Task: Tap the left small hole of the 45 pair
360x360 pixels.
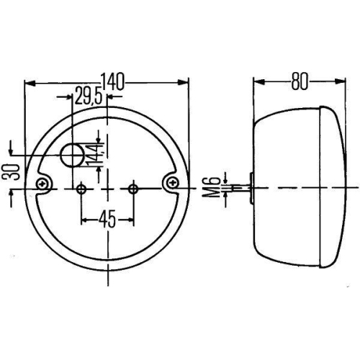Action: coord(81,189)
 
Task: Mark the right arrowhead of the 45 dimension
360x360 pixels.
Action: coord(130,219)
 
